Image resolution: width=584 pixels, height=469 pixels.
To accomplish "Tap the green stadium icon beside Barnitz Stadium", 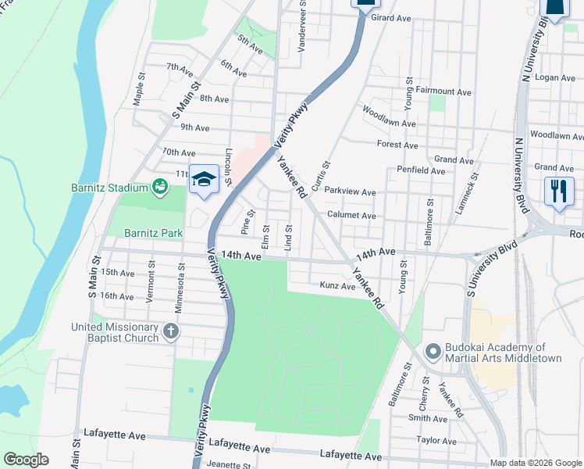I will point(160,187).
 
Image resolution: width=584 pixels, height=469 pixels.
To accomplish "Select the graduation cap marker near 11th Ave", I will point(203,179).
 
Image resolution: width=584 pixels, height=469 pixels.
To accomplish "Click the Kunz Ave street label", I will point(337,287).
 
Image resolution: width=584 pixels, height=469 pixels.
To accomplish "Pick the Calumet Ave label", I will point(351,216).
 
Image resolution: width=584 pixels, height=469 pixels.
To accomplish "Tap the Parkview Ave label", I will point(351,192).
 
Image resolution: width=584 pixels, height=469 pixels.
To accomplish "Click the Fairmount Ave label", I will point(443,91).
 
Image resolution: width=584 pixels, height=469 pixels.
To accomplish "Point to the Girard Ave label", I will point(391,17).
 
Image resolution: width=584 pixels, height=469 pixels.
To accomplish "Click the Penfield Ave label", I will point(421,170).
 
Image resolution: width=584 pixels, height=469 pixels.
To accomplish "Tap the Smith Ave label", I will point(427,419).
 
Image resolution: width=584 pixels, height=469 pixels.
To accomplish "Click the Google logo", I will point(26,460).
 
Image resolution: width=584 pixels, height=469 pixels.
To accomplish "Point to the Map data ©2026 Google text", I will point(535,463).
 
